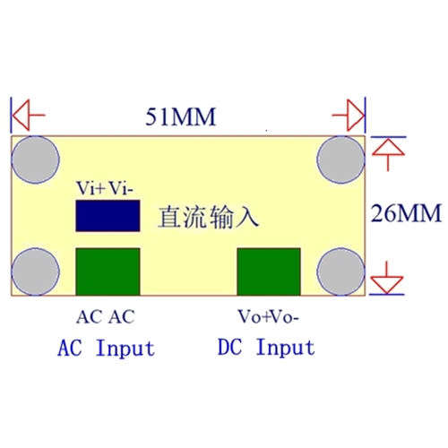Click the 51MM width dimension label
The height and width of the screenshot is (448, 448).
(x=180, y=116)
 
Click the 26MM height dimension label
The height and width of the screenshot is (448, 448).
(x=406, y=213)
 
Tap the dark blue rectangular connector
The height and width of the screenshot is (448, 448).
(x=108, y=216)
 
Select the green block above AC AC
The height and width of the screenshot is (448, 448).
(x=108, y=271)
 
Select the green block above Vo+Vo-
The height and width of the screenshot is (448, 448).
(x=269, y=271)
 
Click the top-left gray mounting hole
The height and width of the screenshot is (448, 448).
(x=36, y=159)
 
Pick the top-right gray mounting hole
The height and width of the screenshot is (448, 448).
(x=340, y=159)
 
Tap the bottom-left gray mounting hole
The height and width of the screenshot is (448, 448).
(x=36, y=271)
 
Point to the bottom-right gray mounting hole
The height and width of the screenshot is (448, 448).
(x=340, y=271)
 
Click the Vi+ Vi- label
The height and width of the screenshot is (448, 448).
(x=105, y=188)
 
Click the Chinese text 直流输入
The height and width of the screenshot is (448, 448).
(x=209, y=217)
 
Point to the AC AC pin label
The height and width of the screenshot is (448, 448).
(x=106, y=317)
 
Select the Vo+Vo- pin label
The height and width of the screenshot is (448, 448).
(x=268, y=316)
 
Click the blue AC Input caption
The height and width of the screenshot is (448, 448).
(x=107, y=348)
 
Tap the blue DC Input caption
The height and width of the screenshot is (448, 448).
(x=266, y=347)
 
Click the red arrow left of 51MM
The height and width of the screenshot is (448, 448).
(x=29, y=115)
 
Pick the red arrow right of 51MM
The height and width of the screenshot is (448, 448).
(x=349, y=115)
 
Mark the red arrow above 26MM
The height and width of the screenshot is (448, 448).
(x=388, y=154)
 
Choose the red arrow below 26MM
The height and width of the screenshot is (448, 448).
(x=387, y=278)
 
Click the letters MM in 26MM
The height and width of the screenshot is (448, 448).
(x=420, y=213)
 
